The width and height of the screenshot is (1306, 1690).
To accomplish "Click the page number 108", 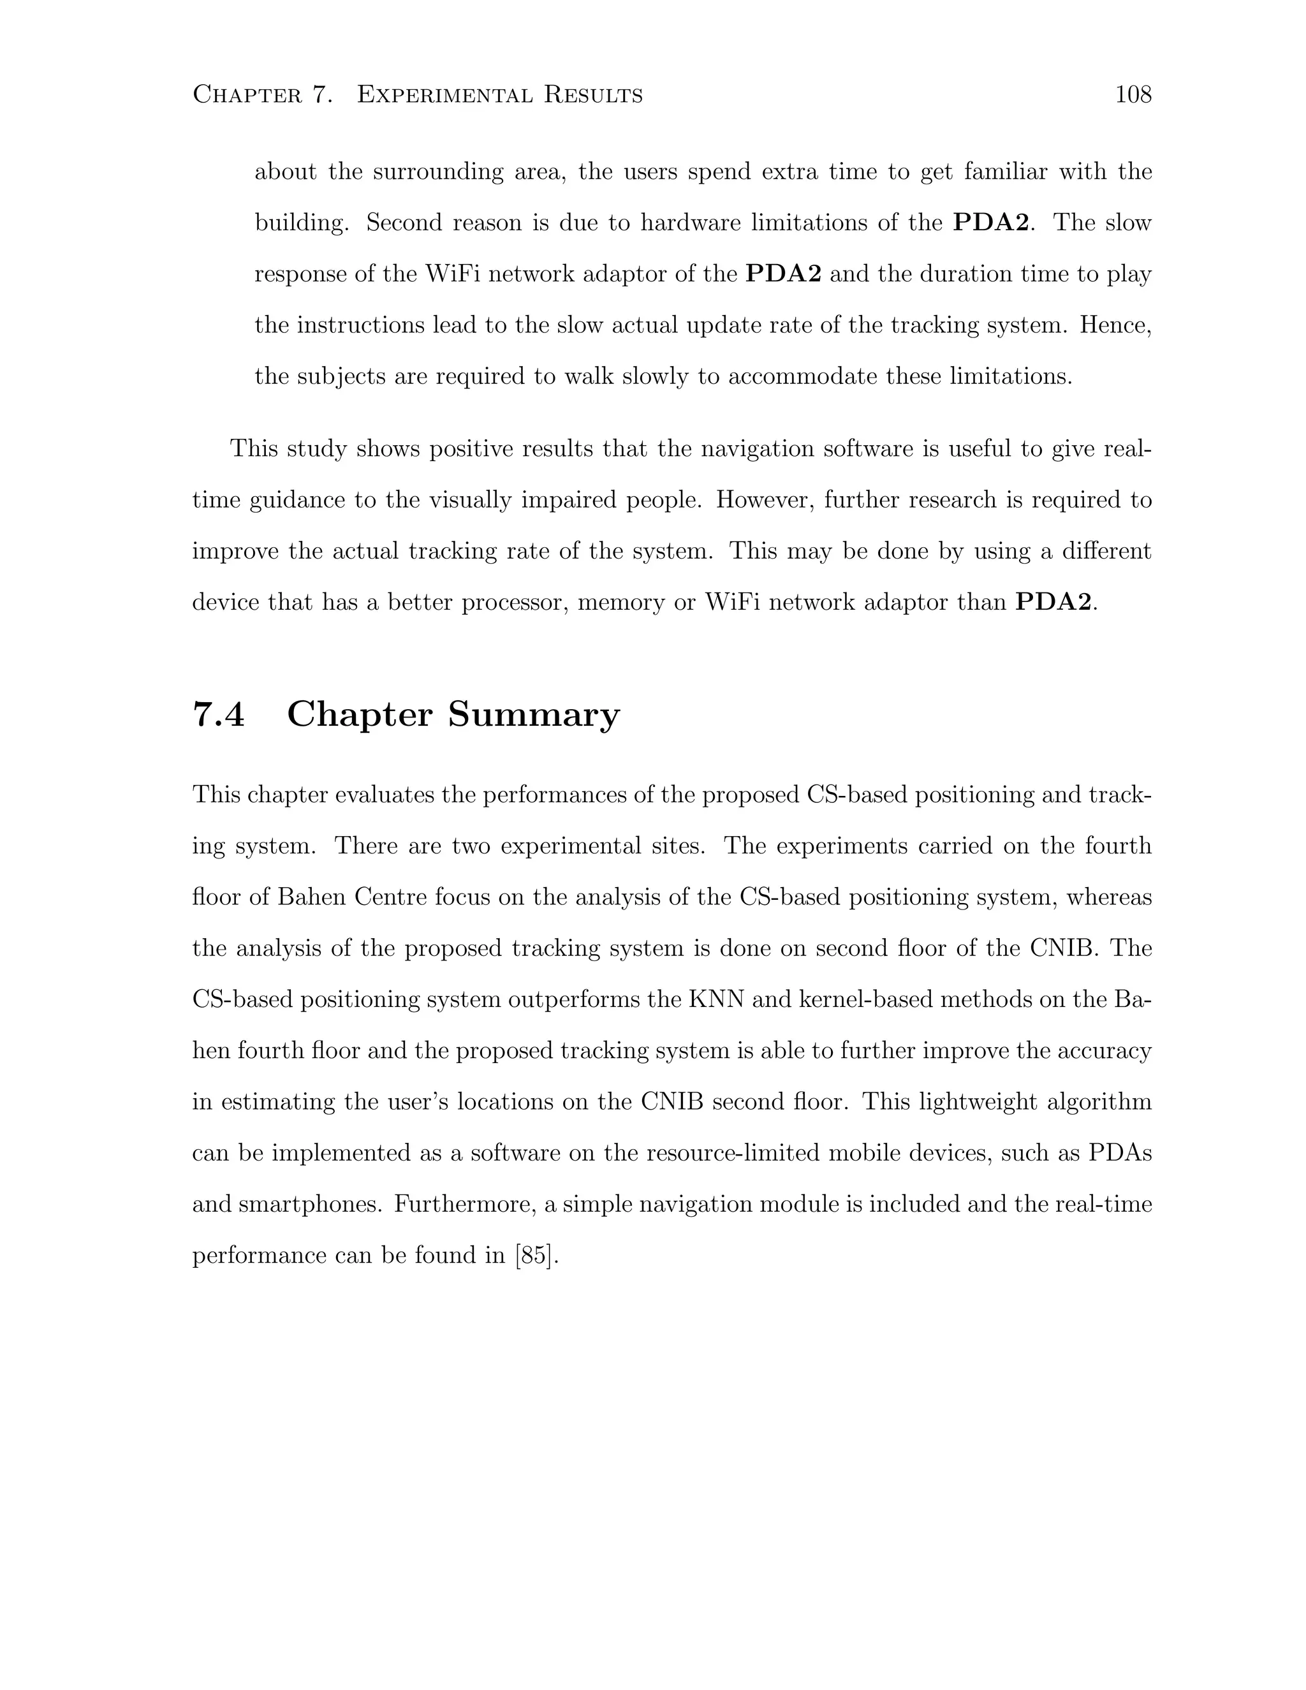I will tap(1133, 95).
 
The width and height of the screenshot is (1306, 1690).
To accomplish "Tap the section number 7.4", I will tap(218, 714).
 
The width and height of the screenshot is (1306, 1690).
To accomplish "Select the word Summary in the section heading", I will tap(534, 714).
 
